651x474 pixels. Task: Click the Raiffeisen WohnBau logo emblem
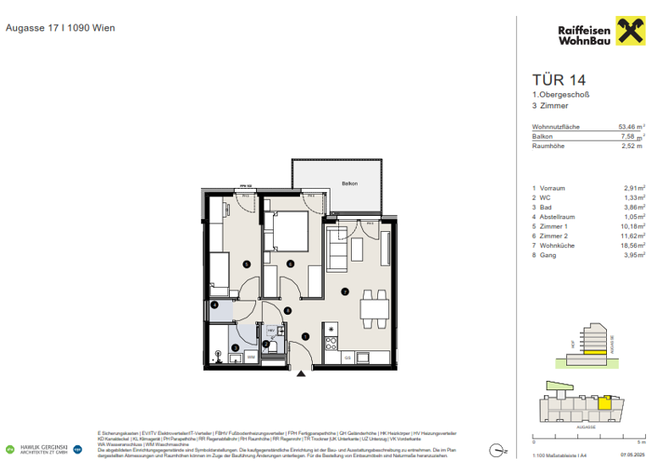629,34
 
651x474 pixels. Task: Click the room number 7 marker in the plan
344,291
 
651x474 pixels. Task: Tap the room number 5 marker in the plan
246,264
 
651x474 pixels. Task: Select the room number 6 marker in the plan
289,264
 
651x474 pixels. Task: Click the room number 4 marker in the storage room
214,305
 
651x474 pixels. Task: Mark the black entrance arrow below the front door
298,373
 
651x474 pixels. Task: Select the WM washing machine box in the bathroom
251,358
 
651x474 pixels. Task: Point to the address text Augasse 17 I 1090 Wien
60,28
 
